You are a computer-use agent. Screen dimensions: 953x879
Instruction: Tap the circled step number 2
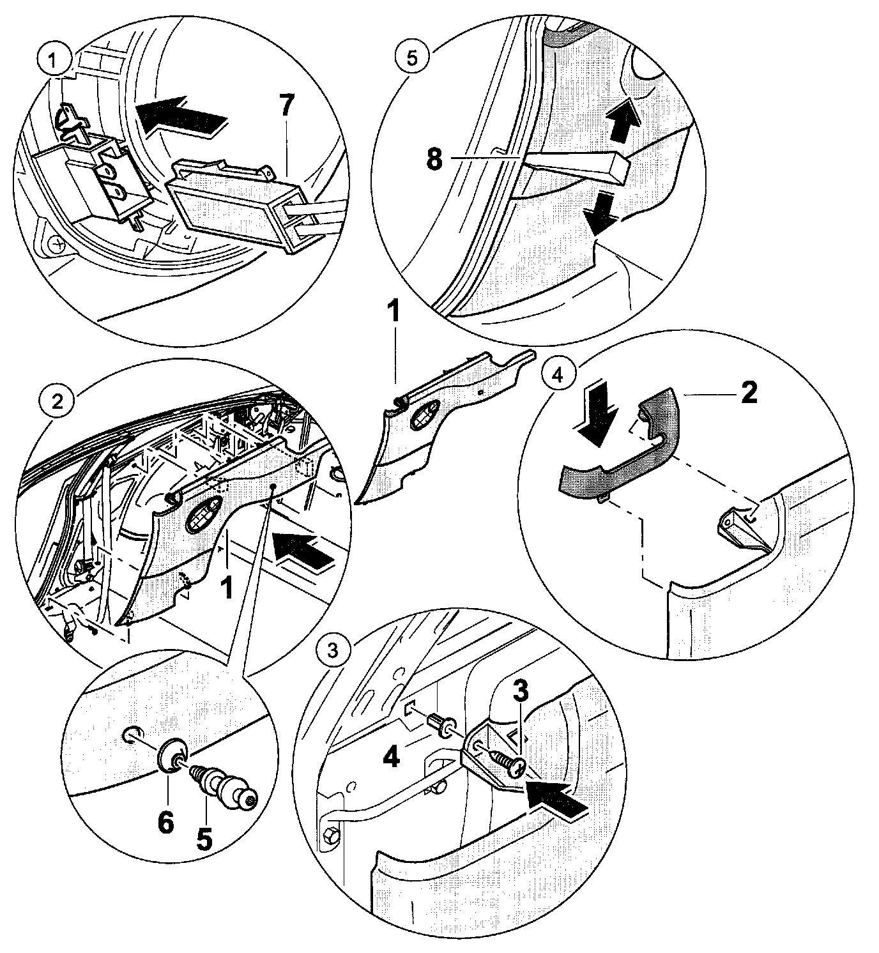[x=57, y=401]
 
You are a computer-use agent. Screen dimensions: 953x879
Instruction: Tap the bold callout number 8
[x=434, y=159]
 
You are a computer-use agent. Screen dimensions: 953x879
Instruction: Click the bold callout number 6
[x=165, y=823]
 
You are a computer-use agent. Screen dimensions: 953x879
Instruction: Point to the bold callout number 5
[x=204, y=837]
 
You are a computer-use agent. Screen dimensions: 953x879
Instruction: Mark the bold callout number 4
[x=392, y=757]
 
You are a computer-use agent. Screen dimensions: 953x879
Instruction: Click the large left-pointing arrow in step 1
[x=181, y=116]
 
